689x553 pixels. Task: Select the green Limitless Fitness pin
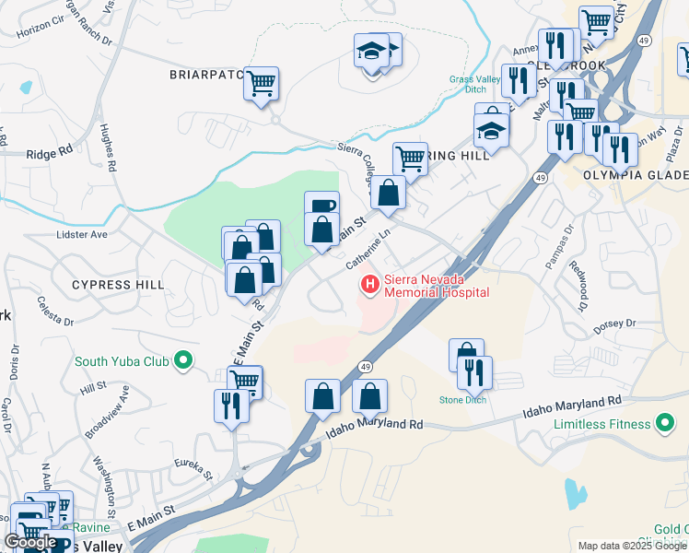665,424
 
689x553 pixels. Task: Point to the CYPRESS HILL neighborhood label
112,285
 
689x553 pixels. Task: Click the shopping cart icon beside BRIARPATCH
262,84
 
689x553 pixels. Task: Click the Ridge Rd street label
50,154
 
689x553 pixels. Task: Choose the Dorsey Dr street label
614,324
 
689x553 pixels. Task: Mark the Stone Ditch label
463,400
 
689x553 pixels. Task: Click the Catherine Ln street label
368,251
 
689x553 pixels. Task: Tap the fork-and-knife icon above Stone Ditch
475,372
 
